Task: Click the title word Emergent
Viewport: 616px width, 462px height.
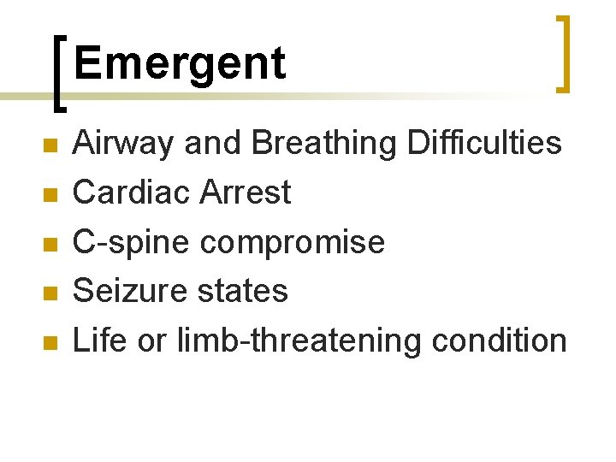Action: click(x=179, y=63)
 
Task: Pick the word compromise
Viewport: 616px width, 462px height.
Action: click(x=292, y=243)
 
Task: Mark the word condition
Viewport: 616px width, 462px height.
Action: click(x=500, y=341)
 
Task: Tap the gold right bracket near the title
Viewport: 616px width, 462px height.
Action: click(x=563, y=53)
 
